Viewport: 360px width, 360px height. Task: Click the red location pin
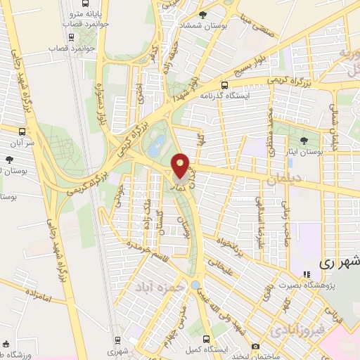click(181, 165)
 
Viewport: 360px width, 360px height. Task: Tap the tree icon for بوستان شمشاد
click(203, 14)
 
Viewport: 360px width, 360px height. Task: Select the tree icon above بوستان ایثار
click(304, 141)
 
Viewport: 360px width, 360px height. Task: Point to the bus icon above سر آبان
click(22, 131)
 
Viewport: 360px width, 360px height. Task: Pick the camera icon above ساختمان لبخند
click(254, 347)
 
